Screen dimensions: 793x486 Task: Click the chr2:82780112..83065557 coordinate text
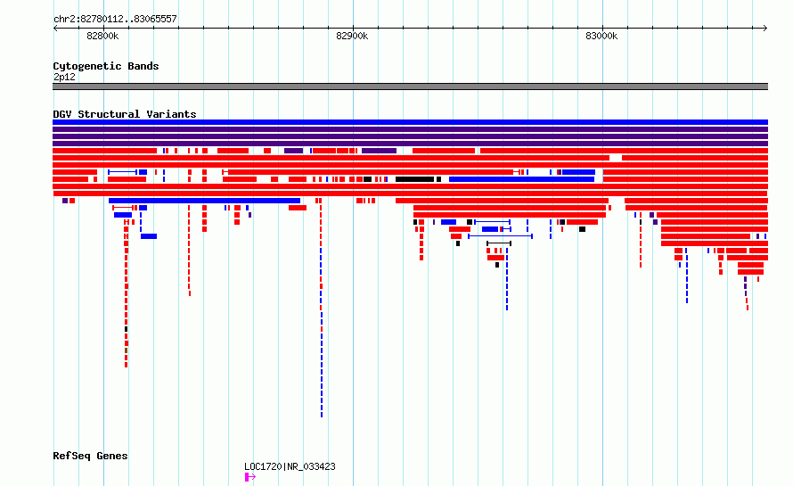click(115, 20)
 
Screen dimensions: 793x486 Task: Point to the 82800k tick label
click(102, 36)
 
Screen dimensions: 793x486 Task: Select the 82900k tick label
click(352, 36)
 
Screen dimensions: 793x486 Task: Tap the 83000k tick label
click(601, 36)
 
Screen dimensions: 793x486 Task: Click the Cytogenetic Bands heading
click(106, 66)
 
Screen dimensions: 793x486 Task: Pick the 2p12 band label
click(64, 77)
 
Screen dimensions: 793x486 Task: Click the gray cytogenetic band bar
click(410, 86)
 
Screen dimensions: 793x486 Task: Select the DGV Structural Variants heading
click(125, 114)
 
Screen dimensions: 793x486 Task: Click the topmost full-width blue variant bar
click(410, 122)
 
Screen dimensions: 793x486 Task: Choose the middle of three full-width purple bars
click(410, 136)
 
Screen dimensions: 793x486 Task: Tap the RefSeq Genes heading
click(90, 456)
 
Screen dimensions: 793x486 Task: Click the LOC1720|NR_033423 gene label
click(290, 466)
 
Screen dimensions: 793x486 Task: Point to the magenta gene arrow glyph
click(250, 477)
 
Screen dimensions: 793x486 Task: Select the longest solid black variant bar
click(414, 179)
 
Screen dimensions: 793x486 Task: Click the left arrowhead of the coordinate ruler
click(54, 28)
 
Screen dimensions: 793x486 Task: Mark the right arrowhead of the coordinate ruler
click(766, 28)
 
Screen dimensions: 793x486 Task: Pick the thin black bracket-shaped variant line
click(499, 243)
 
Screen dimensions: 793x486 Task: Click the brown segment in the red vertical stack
click(126, 350)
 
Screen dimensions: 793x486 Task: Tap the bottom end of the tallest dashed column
click(321, 416)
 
